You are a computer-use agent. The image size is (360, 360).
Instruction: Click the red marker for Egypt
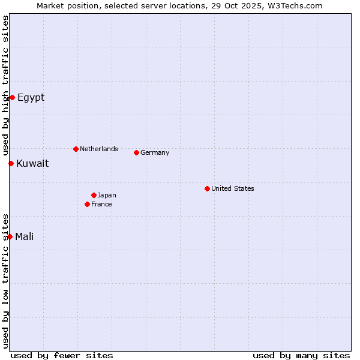coord(12,97)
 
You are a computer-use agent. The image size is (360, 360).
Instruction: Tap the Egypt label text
coord(31,98)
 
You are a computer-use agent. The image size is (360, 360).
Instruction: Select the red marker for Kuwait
coord(11,163)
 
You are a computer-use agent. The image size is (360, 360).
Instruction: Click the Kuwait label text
coord(32,164)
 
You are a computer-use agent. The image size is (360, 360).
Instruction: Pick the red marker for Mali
coord(10,236)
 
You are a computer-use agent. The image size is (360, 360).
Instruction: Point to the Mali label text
coord(24,237)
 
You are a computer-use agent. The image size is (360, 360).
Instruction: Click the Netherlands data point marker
coord(76,149)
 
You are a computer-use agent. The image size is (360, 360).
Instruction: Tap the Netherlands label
coord(98,149)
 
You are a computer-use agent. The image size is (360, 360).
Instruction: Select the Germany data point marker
coord(136,152)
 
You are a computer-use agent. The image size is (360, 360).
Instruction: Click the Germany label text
coord(155,152)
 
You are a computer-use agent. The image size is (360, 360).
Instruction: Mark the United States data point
coord(207,188)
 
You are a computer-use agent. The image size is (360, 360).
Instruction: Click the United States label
coord(232,188)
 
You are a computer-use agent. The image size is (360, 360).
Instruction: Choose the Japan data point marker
coord(94,195)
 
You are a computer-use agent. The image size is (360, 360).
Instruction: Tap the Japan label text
coord(107,195)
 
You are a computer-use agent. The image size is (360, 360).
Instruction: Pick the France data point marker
coord(87,204)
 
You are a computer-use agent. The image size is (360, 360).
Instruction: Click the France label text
coord(101,204)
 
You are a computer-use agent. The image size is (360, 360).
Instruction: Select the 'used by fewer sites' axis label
coord(62,355)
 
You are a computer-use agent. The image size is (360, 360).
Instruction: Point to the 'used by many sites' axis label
coord(301,355)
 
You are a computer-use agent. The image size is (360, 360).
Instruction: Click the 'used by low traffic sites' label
coord(6,281)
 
